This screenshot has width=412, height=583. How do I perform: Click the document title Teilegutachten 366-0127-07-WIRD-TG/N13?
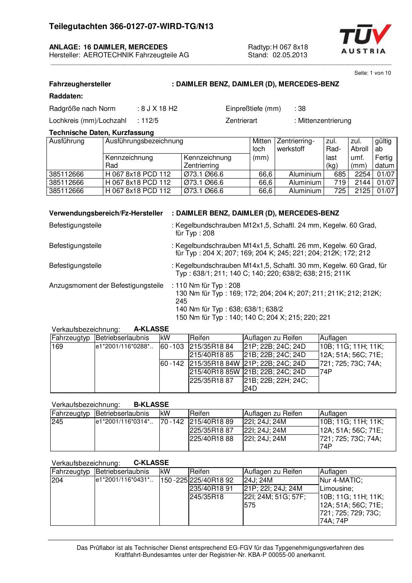click(x=131, y=27)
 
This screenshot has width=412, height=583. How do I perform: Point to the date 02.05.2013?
click(x=290, y=55)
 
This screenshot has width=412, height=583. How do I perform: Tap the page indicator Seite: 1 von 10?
click(x=372, y=73)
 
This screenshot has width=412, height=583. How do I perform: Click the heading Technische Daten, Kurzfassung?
click(x=101, y=133)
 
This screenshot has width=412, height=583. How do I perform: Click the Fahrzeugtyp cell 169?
click(x=57, y=347)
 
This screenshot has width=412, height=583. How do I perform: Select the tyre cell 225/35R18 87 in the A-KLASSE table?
click(x=212, y=380)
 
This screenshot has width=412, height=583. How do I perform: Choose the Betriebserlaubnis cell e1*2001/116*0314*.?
click(x=124, y=422)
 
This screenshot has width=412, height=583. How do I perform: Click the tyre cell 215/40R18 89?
click(x=212, y=422)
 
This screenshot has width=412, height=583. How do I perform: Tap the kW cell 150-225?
click(x=174, y=480)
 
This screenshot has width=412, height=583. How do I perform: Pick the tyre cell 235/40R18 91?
click(x=212, y=489)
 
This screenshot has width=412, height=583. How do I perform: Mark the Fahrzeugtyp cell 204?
click(x=57, y=480)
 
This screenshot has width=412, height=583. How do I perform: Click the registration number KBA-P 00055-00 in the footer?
click(x=271, y=555)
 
